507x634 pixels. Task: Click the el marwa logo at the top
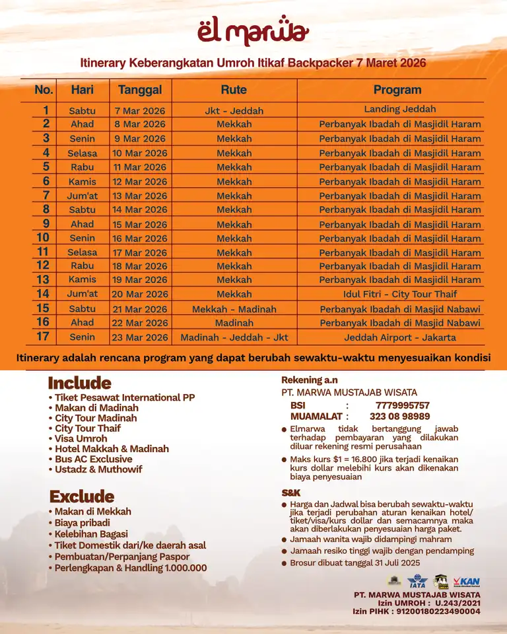click(253, 30)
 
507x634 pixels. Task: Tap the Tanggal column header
click(139, 90)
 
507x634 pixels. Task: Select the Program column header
click(397, 90)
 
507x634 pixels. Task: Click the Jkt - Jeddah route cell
click(234, 110)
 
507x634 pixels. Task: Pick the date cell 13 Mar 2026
click(139, 196)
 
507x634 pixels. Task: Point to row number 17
click(43, 337)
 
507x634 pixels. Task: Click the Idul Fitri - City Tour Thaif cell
click(399, 294)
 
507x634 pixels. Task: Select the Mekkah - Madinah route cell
click(234, 309)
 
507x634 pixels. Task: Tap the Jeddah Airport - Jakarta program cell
click(399, 337)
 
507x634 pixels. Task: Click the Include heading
click(79, 383)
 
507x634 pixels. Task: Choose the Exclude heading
click(82, 496)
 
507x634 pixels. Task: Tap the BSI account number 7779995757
click(402, 405)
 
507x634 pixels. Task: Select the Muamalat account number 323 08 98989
click(399, 416)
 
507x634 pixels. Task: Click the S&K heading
click(291, 493)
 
